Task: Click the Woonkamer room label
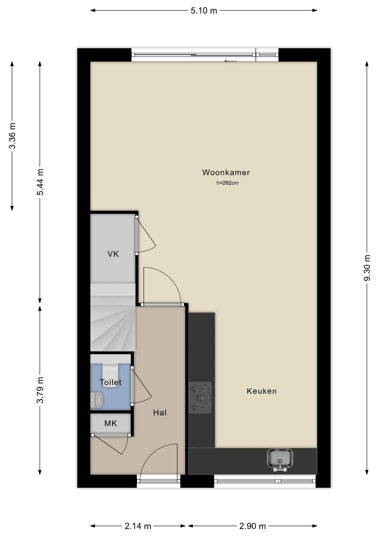[226, 172]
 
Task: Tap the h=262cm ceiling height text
[227, 183]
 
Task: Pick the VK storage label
[113, 254]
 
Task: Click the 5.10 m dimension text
[204, 11]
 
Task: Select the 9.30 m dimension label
[367, 268]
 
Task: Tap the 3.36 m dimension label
[12, 136]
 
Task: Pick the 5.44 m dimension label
[40, 182]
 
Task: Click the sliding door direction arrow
[230, 61]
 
